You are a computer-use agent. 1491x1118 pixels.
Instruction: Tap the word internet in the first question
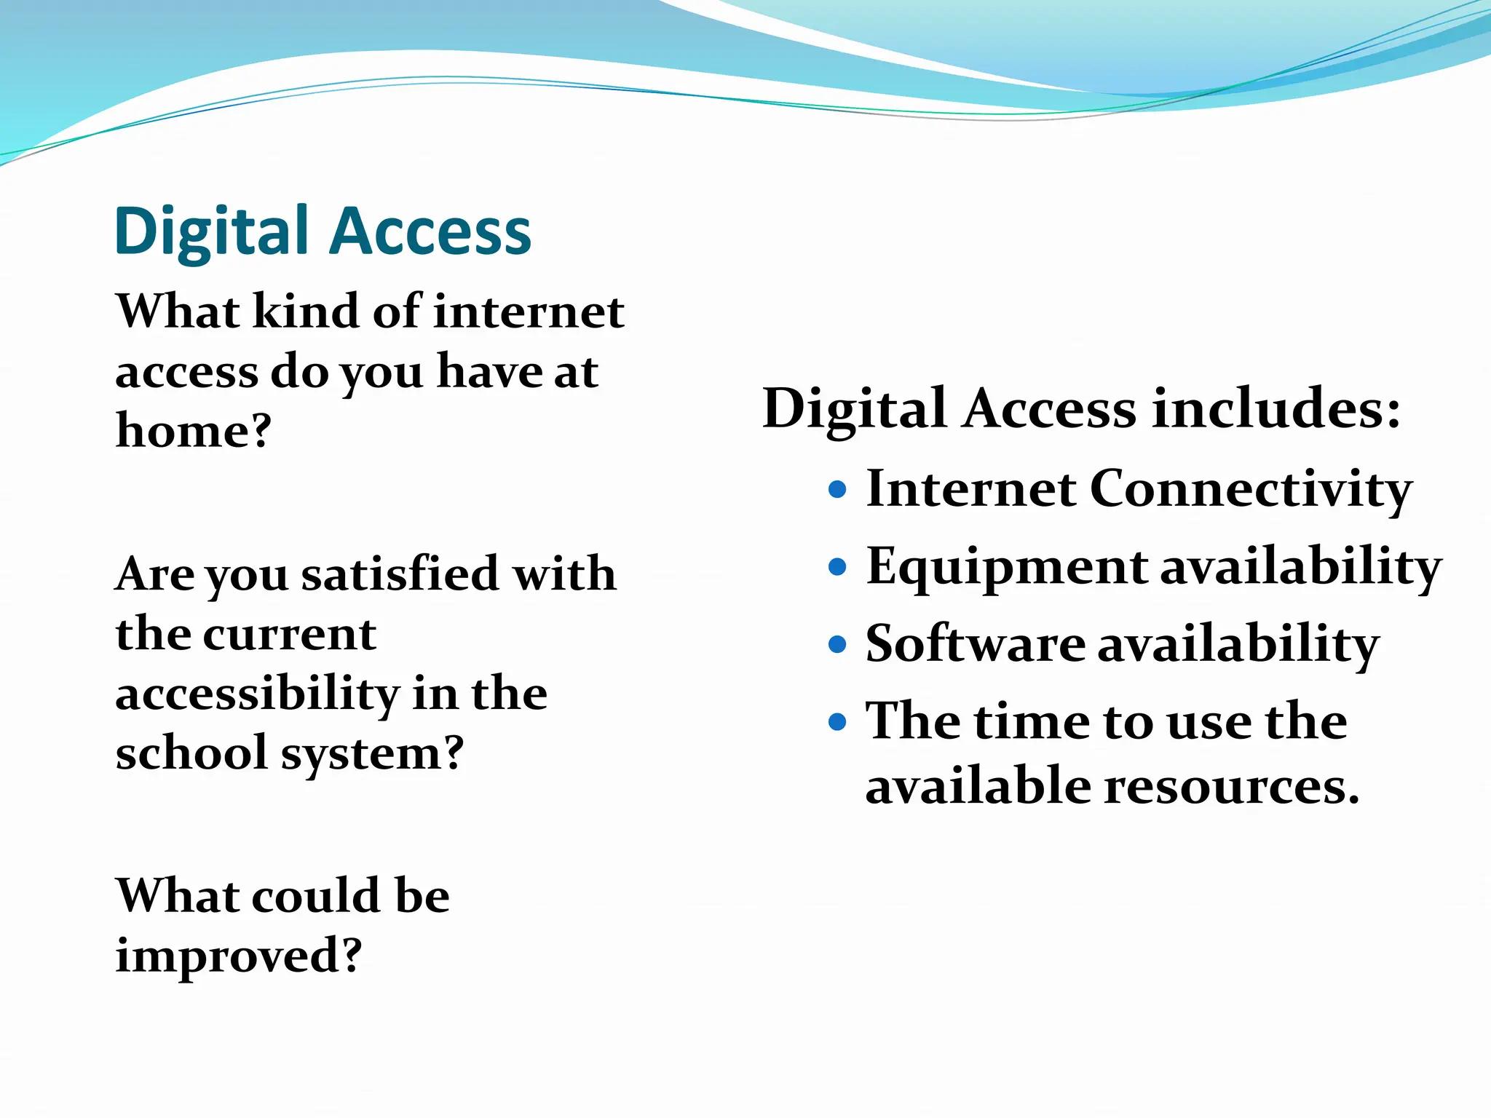(x=529, y=312)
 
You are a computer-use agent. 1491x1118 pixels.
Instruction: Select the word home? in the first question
(x=194, y=430)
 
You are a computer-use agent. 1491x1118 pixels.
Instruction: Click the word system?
(x=373, y=753)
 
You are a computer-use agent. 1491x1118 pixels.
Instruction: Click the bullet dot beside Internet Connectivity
(x=838, y=488)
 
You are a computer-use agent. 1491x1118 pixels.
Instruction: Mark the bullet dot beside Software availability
(x=838, y=643)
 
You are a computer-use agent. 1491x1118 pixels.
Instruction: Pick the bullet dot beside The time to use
(x=838, y=721)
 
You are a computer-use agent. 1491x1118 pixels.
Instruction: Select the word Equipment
(x=1007, y=567)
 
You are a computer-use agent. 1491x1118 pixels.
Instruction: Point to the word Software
(x=975, y=643)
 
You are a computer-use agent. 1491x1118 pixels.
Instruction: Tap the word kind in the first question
(x=306, y=312)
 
